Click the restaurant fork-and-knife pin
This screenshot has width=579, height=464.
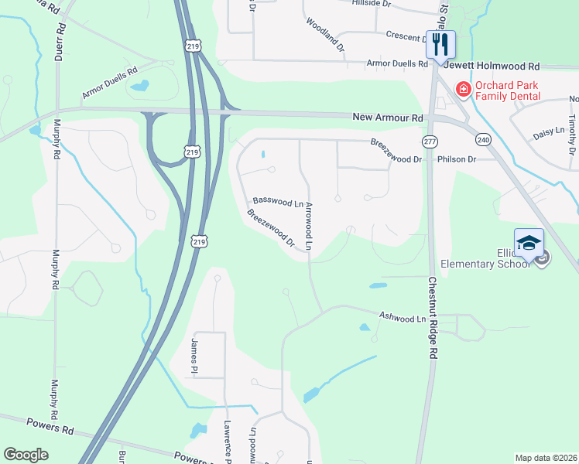coord(440,43)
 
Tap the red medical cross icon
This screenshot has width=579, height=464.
coord(464,90)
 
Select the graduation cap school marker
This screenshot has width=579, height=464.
coord(529,243)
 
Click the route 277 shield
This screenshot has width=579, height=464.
coord(430,142)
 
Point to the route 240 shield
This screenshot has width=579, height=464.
coord(484,139)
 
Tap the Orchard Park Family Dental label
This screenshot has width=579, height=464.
coord(508,90)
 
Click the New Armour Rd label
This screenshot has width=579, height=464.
coord(388,118)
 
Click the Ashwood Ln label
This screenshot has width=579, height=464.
coord(403,317)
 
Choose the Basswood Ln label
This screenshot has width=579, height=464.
coord(278,203)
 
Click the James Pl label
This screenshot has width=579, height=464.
coord(195,352)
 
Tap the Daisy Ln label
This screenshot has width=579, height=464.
coord(549,134)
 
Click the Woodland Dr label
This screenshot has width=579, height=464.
coord(326,35)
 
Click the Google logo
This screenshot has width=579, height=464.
coord(26,455)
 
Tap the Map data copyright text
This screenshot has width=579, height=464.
coord(545,458)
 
